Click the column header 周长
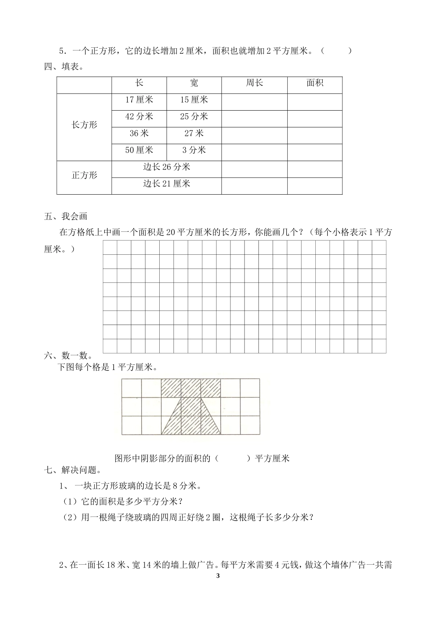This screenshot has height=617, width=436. coord(254,83)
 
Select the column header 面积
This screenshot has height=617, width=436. coord(315,83)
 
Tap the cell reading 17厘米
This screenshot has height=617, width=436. coord(139,100)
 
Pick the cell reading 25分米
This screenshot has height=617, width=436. coord(194,117)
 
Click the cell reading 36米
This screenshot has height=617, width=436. coord(139,134)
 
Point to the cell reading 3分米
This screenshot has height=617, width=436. coord(194,150)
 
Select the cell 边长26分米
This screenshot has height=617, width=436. coord(166,167)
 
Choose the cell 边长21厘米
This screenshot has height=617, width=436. coord(166,184)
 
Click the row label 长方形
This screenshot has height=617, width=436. coord(84,125)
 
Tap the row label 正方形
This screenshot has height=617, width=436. coord(84,175)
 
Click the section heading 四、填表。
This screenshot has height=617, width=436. coord(64,67)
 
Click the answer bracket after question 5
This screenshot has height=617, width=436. coord(336,51)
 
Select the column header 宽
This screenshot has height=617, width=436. coord(194,83)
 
